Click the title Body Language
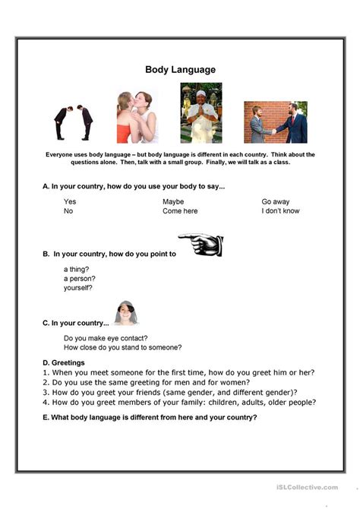(180, 69)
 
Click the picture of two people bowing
(73, 119)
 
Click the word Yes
(70, 201)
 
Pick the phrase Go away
(276, 201)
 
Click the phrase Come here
(179, 211)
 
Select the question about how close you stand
(122, 347)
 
